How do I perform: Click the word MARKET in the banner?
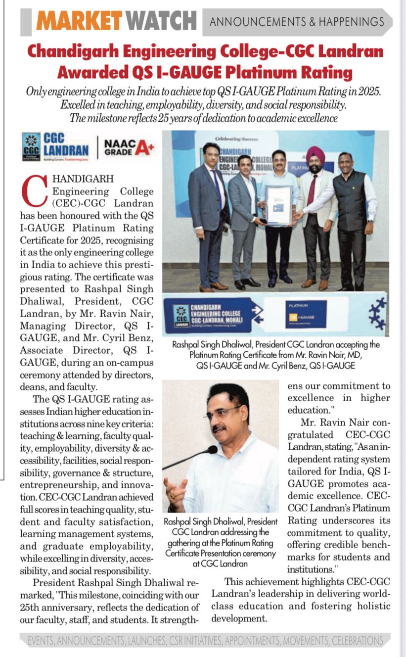80,21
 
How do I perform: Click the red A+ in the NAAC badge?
144,146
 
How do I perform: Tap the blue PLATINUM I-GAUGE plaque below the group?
306,314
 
